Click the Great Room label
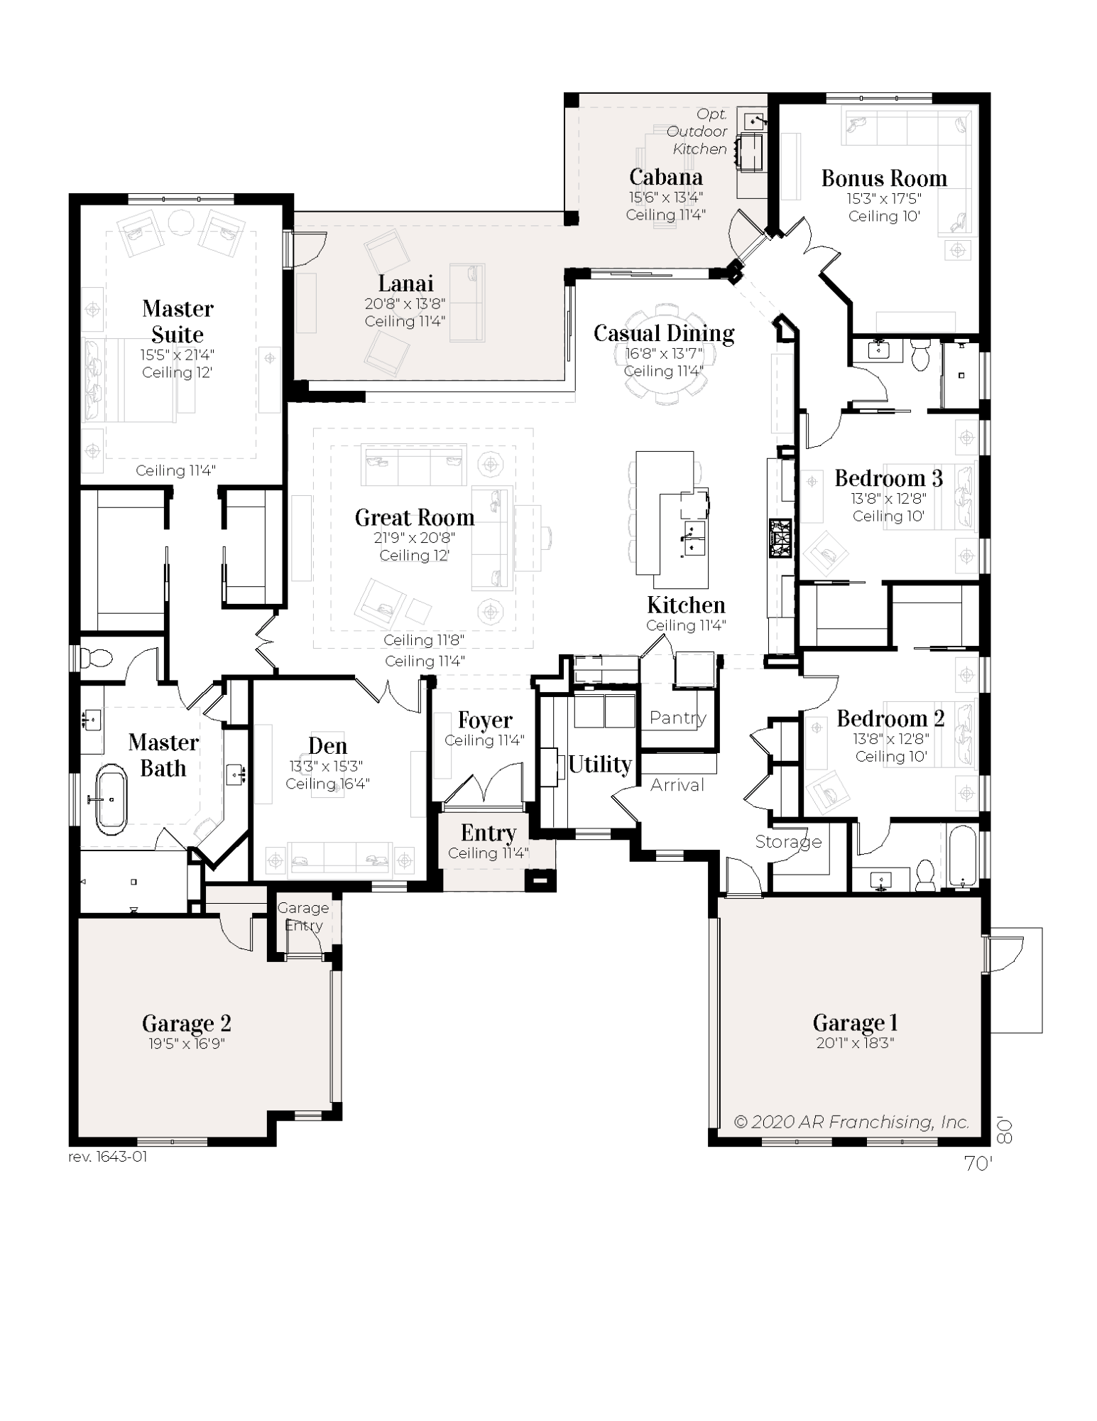414,517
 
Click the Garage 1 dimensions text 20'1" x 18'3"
855,1043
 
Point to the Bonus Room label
884,178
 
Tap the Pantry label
677,718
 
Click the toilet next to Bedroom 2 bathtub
925,875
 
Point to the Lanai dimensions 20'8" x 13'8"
405,304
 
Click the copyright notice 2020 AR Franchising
851,1122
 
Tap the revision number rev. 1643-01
108,1156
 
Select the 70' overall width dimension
978,1163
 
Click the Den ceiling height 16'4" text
327,784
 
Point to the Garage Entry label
303,917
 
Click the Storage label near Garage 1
788,842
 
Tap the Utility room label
599,764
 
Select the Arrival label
677,785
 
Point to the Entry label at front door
488,832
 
